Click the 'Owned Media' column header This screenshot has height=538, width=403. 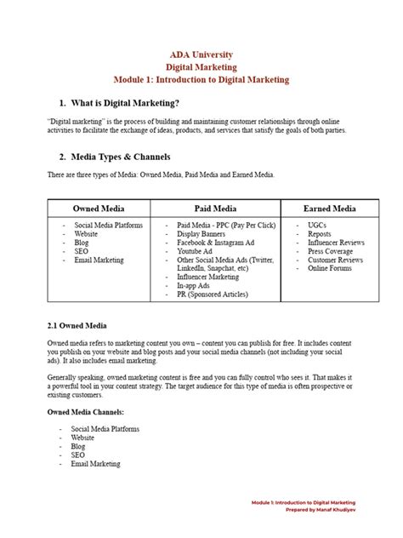pyautogui.click(x=99, y=208)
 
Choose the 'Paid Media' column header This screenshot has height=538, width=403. pyautogui.click(x=216, y=208)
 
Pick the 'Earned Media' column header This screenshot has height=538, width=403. pyautogui.click(x=329, y=208)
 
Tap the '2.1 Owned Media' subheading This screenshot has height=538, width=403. pyautogui.click(x=76, y=325)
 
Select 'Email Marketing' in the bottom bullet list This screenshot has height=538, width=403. pyautogui.click(x=96, y=464)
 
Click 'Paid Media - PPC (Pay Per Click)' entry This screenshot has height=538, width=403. pyautogui.click(x=228, y=225)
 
